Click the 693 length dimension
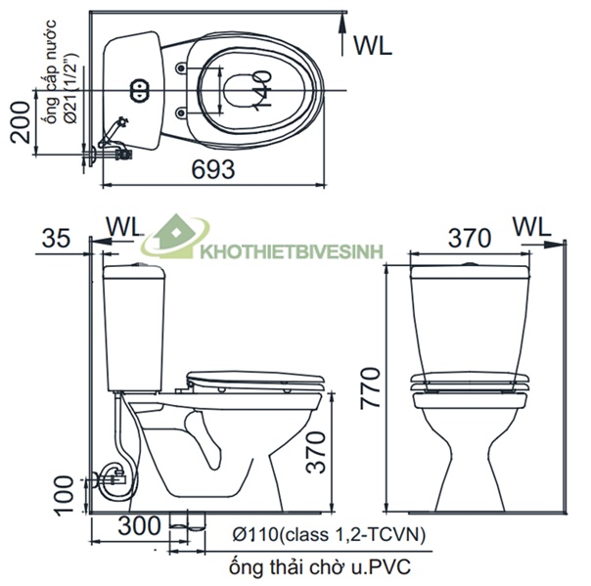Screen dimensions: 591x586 [213, 169]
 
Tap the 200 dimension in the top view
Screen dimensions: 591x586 [20, 122]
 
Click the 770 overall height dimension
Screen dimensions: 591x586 [370, 388]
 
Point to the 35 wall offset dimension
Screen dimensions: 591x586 [56, 238]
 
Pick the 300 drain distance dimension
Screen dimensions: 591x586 [139, 525]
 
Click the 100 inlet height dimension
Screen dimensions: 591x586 [64, 496]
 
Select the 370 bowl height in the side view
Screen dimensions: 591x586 [316, 452]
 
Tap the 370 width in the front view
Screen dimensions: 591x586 [470, 238]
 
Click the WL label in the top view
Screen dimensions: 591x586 [373, 46]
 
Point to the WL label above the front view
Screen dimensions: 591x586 [532, 227]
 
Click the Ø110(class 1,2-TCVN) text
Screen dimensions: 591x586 [329, 534]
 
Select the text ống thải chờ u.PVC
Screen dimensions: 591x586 [320, 566]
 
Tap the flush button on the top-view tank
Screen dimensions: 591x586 [140, 90]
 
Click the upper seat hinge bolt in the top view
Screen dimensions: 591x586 [181, 68]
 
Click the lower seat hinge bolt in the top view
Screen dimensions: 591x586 [181, 113]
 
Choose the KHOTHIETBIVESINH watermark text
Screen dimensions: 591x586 [292, 251]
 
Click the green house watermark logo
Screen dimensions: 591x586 [175, 237]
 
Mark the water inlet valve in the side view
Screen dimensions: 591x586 [114, 479]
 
